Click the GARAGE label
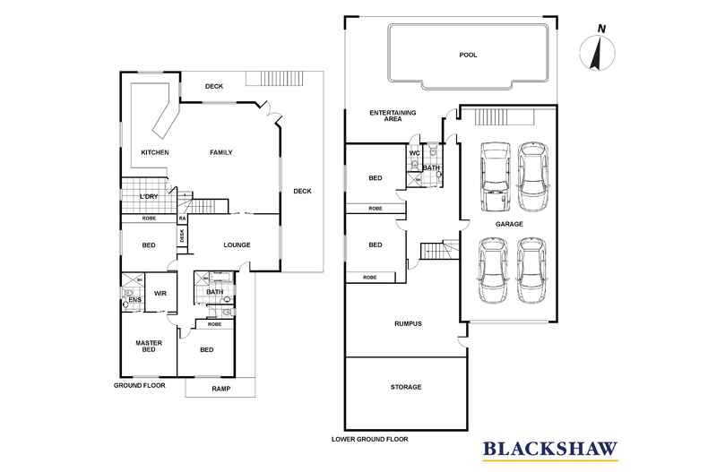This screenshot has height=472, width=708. [x=506, y=225]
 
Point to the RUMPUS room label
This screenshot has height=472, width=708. [x=407, y=324]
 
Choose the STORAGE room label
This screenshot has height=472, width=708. [x=405, y=387]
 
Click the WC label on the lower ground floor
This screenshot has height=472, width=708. [x=414, y=153]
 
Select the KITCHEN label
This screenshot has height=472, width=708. [x=155, y=152]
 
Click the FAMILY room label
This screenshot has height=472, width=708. [x=221, y=152]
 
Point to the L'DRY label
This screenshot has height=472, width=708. [x=149, y=196]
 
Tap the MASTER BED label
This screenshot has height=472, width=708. [x=148, y=347]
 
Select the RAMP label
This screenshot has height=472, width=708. [x=220, y=389]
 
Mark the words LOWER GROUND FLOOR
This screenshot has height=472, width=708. [x=369, y=440]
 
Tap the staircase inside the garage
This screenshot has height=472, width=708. [x=492, y=117]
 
